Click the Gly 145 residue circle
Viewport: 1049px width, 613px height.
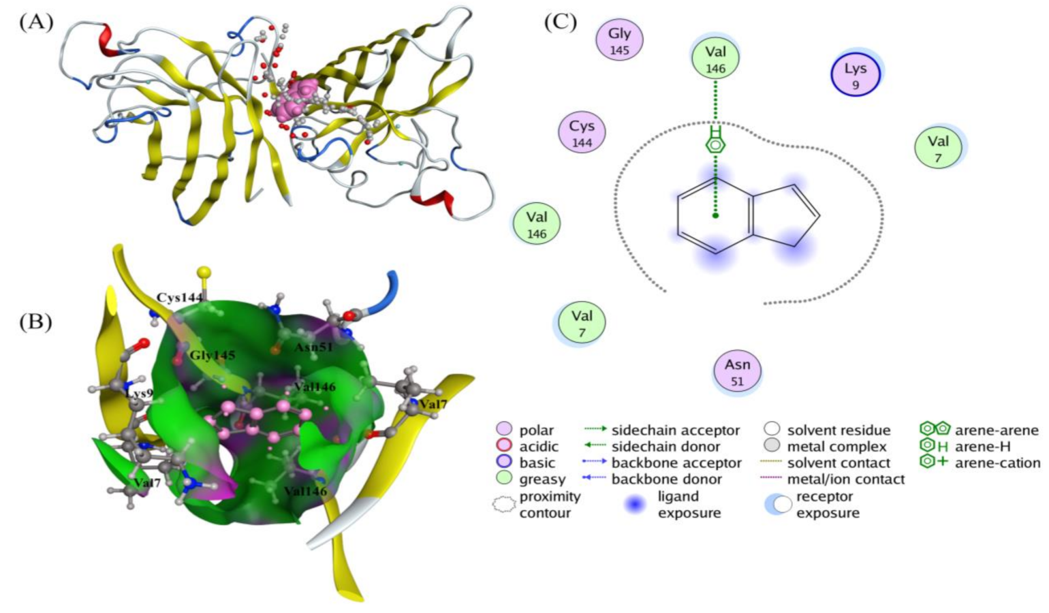pos(619,40)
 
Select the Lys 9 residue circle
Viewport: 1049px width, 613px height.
pos(856,74)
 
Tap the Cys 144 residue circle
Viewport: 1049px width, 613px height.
pos(582,132)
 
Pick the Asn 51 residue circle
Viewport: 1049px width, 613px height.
pos(737,371)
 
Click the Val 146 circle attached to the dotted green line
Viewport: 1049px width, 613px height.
pos(715,58)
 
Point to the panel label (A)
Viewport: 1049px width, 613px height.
pos(35,22)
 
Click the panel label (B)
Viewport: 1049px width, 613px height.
pos(35,321)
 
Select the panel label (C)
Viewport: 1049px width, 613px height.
pos(560,22)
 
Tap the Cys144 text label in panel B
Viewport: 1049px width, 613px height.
pos(180,298)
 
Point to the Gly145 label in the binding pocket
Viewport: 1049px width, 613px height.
pos(212,355)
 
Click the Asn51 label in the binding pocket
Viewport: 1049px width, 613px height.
pos(313,347)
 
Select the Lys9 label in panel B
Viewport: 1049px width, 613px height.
pos(140,393)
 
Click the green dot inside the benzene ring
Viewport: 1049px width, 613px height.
pos(715,215)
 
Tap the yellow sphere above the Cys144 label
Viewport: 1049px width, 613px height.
pos(204,272)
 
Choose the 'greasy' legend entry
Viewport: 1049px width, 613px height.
pos(542,480)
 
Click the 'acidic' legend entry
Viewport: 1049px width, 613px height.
pos(538,447)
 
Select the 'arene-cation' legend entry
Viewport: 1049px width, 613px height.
pos(997,463)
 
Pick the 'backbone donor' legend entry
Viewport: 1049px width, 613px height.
pos(666,480)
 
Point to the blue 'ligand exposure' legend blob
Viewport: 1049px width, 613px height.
pos(635,505)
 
